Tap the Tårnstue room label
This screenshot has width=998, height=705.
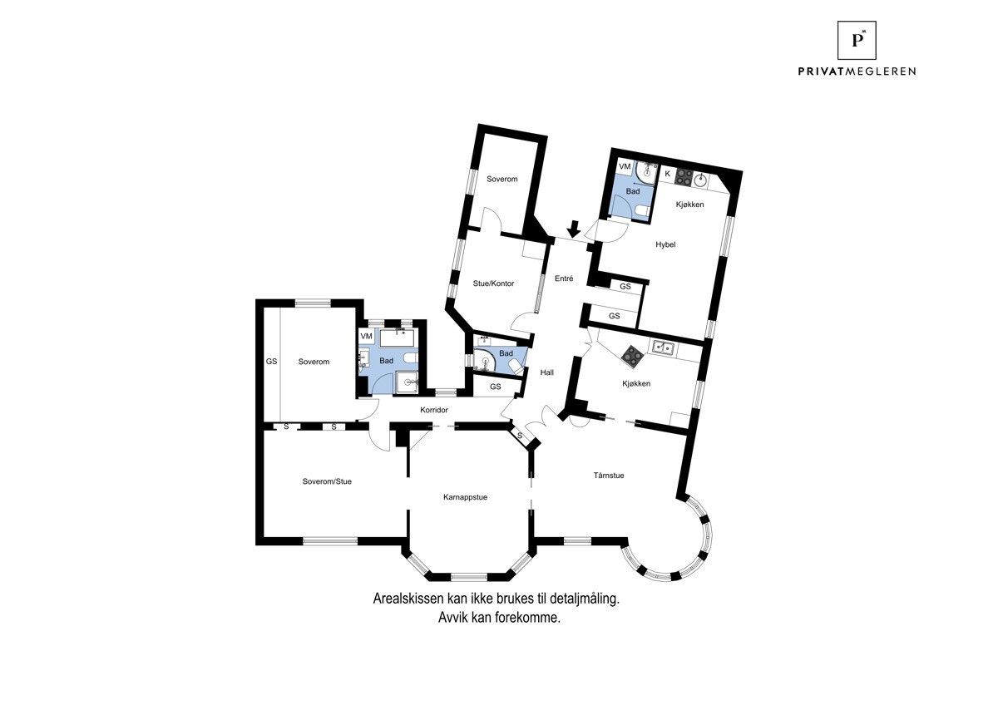tap(609, 476)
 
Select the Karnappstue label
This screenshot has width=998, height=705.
tap(465, 497)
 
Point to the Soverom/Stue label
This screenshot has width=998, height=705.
tap(327, 481)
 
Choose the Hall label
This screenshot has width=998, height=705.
tap(546, 372)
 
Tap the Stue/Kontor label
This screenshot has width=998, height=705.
tap(493, 283)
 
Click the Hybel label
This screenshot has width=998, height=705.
tap(665, 244)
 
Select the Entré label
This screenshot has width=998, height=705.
tap(563, 279)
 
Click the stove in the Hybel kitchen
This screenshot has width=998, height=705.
tap(684, 175)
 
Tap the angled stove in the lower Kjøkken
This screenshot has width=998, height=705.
tap(633, 357)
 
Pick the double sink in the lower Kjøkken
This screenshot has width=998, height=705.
tap(663, 347)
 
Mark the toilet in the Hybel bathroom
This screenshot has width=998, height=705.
tap(639, 212)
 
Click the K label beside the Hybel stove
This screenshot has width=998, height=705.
tap(667, 174)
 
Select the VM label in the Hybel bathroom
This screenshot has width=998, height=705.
tap(625, 167)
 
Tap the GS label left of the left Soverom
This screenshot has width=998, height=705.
tap(271, 362)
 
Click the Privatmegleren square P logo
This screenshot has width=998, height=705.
tap(857, 40)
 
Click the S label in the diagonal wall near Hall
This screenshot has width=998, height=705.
tap(520, 436)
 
